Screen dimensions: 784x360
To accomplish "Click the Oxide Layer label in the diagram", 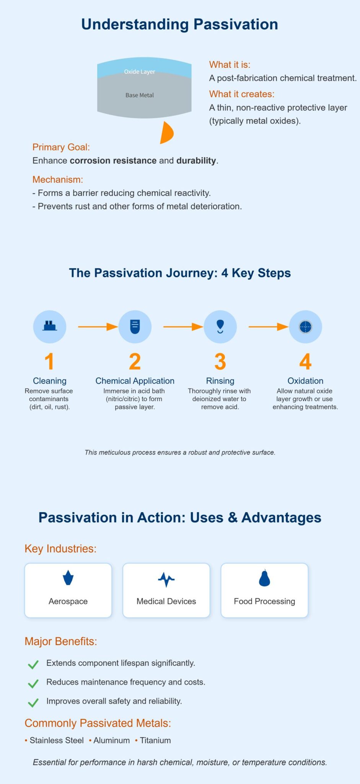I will click(x=139, y=72).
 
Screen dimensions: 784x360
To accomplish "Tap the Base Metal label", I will click(x=139, y=95).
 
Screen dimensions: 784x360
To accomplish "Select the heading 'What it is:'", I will click(x=230, y=65).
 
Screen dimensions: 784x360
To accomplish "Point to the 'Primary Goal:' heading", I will click(x=61, y=147).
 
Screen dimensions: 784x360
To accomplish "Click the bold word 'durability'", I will click(x=196, y=160).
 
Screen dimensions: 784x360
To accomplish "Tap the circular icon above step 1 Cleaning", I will click(x=50, y=327).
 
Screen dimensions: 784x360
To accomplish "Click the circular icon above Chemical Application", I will click(x=135, y=327).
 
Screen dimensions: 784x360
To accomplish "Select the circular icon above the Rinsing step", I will click(x=220, y=327).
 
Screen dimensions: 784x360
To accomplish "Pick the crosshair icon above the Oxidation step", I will click(x=305, y=327).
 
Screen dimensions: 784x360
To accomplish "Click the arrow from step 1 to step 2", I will click(x=98, y=327).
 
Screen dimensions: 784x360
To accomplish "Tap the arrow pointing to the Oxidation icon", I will click(x=268, y=327).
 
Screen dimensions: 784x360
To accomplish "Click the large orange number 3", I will click(x=220, y=362).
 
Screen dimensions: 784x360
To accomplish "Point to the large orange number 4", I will click(x=305, y=362).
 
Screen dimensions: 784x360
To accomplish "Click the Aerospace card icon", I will click(x=68, y=578).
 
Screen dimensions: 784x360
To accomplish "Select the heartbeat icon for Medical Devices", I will click(x=166, y=580).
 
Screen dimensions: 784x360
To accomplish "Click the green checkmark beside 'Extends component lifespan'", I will click(x=33, y=664).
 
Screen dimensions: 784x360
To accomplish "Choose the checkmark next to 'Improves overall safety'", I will click(x=33, y=702).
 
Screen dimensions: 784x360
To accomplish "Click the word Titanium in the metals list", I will click(x=155, y=740).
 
